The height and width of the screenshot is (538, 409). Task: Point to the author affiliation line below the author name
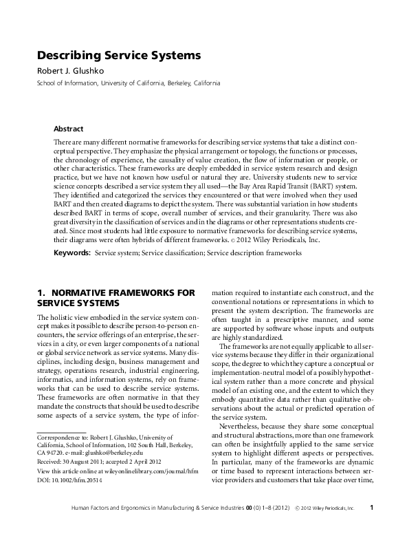tap(129, 83)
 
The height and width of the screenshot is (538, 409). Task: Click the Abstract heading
tap(68, 129)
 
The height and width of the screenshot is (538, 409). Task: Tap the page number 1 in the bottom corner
tap(371, 527)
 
